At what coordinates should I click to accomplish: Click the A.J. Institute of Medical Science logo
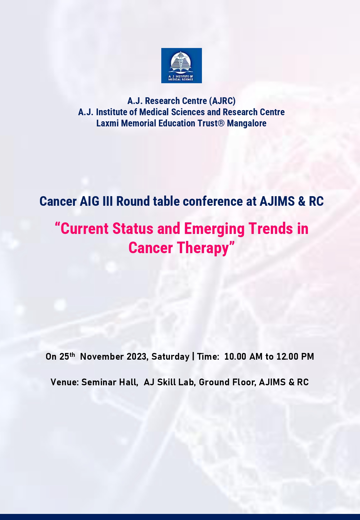coord(181,66)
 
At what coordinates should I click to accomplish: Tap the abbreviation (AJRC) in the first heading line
coord(222,101)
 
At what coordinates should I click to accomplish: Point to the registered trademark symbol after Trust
coord(221,123)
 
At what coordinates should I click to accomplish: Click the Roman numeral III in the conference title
coord(108,201)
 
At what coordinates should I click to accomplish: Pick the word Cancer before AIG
coord(58,201)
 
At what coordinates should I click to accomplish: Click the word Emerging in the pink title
coord(214,229)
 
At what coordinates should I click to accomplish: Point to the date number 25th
coord(67,356)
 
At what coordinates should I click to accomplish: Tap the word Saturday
coord(170,357)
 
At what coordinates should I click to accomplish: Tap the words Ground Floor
coord(228,382)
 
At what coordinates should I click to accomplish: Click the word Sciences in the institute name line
coord(188,112)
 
